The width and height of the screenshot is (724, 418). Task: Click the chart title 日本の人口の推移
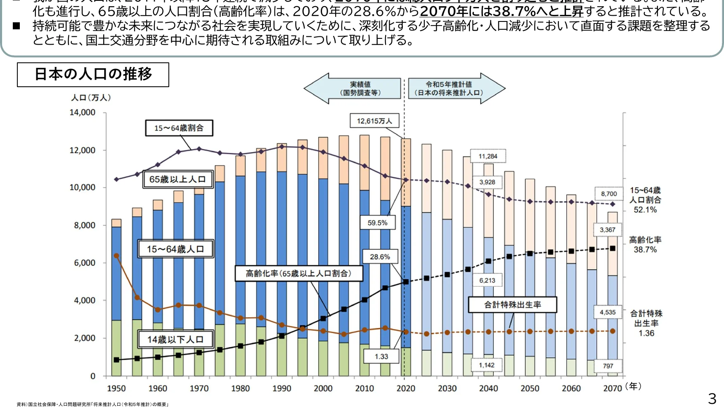click(93, 74)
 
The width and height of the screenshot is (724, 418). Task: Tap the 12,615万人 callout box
click(374, 121)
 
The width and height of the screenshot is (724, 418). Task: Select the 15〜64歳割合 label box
click(179, 128)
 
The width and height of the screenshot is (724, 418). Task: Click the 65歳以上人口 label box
click(178, 179)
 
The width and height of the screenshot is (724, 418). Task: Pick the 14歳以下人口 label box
click(175, 340)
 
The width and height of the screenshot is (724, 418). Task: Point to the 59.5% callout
click(377, 223)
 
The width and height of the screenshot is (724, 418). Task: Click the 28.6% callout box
click(380, 256)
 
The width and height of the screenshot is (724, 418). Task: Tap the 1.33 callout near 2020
click(381, 356)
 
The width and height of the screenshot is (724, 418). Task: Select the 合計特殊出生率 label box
click(512, 304)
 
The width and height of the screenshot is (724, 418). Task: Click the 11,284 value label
click(488, 156)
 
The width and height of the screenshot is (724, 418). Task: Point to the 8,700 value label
click(609, 194)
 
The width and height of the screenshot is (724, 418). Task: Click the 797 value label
click(608, 366)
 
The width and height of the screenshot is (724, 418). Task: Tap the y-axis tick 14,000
click(82, 112)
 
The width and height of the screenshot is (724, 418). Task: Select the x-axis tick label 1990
click(282, 388)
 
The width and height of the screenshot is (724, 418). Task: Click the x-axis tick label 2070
click(612, 388)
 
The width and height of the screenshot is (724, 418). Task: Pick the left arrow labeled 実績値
click(355, 88)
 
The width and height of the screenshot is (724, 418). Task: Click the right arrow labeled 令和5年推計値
click(452, 88)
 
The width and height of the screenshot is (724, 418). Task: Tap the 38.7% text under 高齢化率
click(645, 249)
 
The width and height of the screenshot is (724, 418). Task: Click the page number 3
click(712, 399)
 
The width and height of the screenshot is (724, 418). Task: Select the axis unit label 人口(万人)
click(91, 97)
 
